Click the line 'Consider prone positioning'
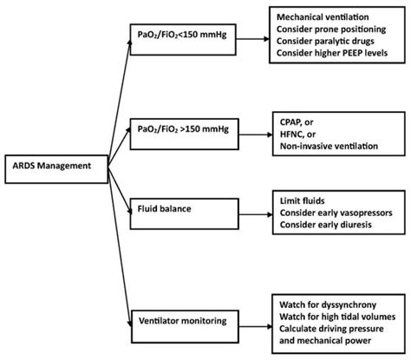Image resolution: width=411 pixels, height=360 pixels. tap(331, 29)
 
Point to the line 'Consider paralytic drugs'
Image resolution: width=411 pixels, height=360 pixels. tap(325, 41)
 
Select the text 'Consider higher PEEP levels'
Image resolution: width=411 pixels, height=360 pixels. tap(332, 53)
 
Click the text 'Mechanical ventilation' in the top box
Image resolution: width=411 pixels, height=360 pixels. tap(323, 17)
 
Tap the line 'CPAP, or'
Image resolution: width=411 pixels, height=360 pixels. tap(297, 122)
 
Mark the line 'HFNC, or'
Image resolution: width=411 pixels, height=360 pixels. tap(297, 134)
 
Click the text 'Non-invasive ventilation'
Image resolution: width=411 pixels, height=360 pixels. tap(329, 146)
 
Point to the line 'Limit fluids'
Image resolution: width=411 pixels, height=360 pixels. tap(303, 200)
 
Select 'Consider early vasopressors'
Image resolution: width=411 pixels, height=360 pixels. tap(336, 213)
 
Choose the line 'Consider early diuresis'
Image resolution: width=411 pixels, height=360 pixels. tap(326, 225)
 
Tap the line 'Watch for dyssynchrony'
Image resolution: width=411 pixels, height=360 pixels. tap(328, 304)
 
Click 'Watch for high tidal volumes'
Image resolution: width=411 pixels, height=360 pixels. tap(337, 317)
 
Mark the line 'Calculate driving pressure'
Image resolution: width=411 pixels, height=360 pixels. tap(331, 329)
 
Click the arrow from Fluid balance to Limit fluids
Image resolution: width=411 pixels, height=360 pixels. tap(256, 214)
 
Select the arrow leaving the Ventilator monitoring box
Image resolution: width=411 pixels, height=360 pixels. tap(256, 327)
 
